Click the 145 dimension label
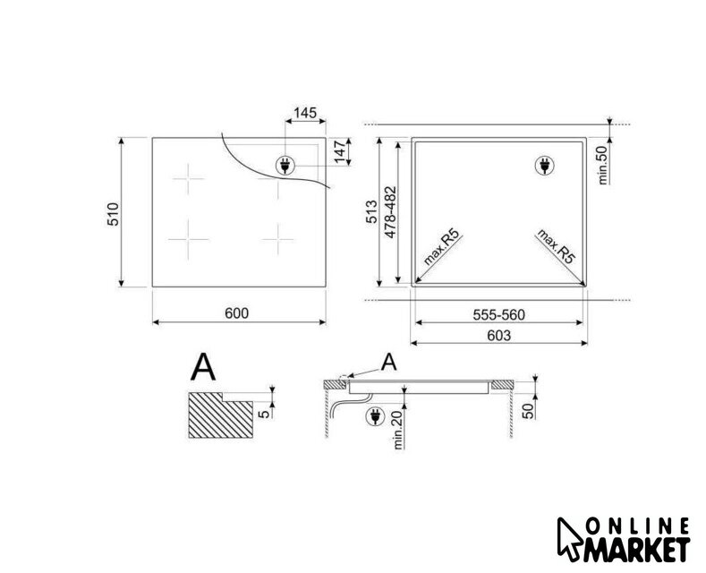pyautogui.click(x=305, y=113)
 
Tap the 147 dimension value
pyautogui.click(x=340, y=152)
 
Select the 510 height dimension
pyautogui.click(x=113, y=214)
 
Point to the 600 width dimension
pyautogui.click(x=236, y=313)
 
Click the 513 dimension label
pyautogui.click(x=372, y=211)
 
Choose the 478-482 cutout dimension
pyautogui.click(x=390, y=211)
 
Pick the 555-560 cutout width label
pyautogui.click(x=499, y=315)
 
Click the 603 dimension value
pyautogui.click(x=499, y=336)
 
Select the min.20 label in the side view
pyautogui.click(x=398, y=431)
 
